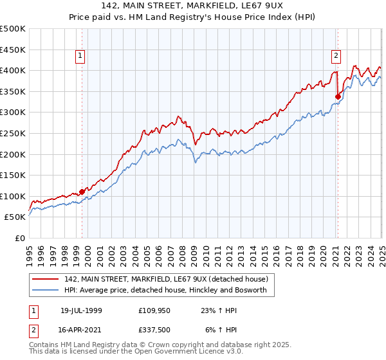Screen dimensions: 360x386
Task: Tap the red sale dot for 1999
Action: [x=82, y=192]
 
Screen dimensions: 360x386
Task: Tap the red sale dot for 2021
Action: [x=338, y=96]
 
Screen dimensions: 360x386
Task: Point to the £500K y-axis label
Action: [x=13, y=29]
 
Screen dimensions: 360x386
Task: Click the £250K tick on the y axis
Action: [x=13, y=133]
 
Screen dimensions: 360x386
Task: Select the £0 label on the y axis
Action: [x=21, y=238]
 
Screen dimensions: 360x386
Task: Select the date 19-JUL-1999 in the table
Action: [x=82, y=310]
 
